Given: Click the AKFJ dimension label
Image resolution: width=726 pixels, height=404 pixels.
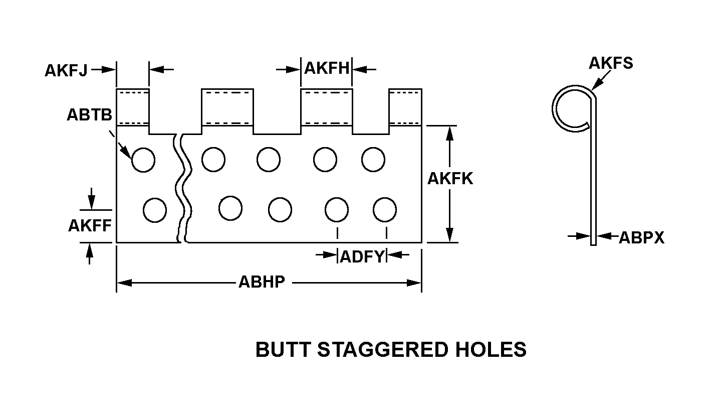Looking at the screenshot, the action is (x=66, y=70).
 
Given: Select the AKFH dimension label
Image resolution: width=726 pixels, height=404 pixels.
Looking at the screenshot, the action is (x=327, y=68).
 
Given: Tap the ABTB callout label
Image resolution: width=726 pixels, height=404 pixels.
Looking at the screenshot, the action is (x=90, y=114).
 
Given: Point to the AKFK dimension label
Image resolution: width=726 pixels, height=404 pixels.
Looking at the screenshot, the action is (x=450, y=178).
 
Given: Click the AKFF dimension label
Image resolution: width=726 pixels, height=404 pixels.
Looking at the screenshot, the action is (x=90, y=225).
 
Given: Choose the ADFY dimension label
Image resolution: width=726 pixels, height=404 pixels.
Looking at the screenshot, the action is (x=362, y=256).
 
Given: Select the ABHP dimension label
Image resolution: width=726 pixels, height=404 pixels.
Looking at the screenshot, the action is (x=262, y=282).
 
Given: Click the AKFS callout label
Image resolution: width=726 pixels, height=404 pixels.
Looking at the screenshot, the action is (x=611, y=63).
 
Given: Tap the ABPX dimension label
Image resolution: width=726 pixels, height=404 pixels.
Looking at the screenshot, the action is (x=642, y=238).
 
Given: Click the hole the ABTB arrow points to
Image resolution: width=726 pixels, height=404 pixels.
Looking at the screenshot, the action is (x=143, y=160).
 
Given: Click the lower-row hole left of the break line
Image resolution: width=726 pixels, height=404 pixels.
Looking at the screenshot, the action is (x=155, y=210).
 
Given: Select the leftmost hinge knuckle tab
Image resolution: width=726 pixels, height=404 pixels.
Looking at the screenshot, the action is (x=133, y=107).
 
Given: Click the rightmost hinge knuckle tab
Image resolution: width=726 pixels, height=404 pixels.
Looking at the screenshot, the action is (x=405, y=107).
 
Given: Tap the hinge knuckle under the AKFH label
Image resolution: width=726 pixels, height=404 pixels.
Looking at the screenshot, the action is (x=327, y=107).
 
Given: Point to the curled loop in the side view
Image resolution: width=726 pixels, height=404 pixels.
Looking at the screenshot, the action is (x=574, y=108).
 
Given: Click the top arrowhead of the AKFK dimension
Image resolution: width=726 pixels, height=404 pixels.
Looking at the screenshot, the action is (x=449, y=133).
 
